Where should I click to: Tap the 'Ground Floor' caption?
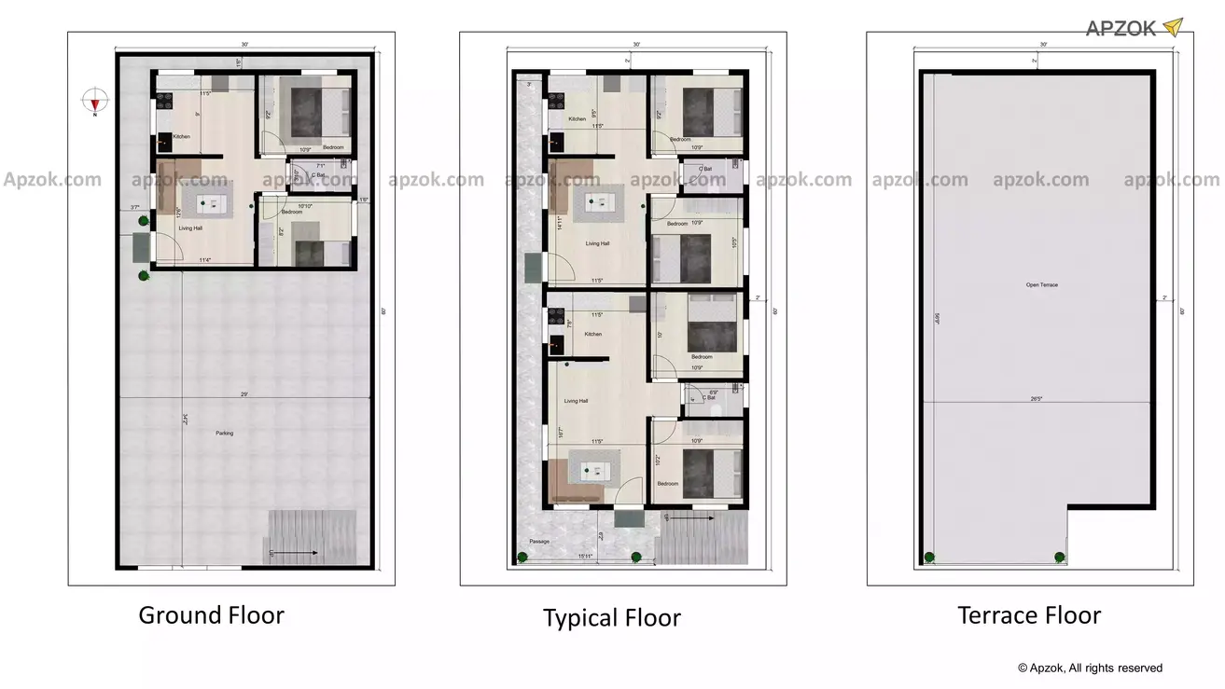point(211,615)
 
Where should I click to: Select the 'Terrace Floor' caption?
point(1029,615)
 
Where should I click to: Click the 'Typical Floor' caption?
point(612,618)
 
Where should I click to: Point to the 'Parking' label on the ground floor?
point(224,434)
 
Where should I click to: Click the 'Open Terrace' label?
point(1041,285)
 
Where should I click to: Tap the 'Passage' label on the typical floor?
point(539,542)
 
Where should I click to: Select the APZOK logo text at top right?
point(1121,29)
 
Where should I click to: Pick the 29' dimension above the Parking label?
point(244,394)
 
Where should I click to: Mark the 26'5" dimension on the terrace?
point(1037,399)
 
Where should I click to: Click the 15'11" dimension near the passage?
point(587,557)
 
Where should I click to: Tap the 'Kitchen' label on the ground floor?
point(181,137)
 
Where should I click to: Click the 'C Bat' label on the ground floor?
point(318,175)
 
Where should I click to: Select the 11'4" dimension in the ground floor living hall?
point(203,261)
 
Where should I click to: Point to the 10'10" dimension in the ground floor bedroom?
point(304,206)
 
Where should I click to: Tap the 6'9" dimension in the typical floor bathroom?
point(714,393)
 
